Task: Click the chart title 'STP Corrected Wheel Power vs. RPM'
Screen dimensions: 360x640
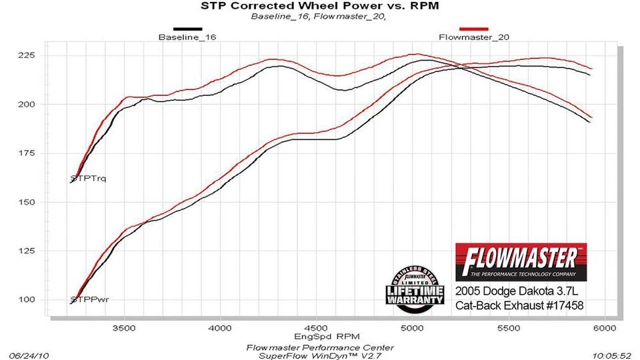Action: (x=320, y=7)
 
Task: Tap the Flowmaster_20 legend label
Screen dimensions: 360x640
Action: (x=474, y=37)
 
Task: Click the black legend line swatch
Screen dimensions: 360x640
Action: (x=187, y=29)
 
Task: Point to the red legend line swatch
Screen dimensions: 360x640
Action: (x=474, y=29)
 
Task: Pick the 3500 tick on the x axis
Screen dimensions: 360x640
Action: (x=124, y=329)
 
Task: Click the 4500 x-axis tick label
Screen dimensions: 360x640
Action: (x=316, y=329)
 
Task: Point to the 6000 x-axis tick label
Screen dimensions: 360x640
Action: (x=604, y=329)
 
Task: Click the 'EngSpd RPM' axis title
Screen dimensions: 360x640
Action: (x=319, y=337)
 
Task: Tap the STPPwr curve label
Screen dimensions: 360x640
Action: (x=89, y=300)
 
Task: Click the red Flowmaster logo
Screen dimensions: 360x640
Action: (x=520, y=262)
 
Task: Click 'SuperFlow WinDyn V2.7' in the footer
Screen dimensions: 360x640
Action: (x=319, y=355)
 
